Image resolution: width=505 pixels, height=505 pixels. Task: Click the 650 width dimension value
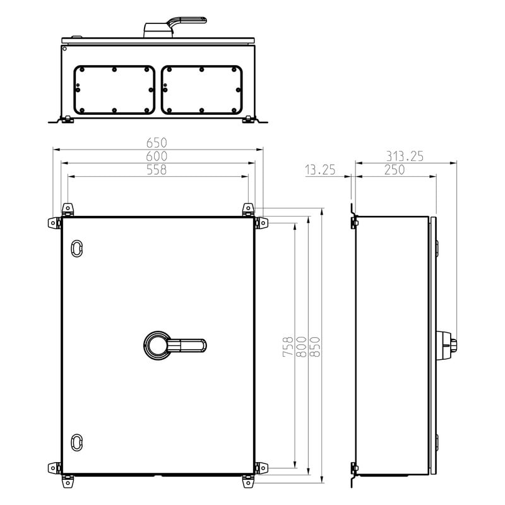157,143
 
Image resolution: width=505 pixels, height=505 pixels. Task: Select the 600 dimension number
157,156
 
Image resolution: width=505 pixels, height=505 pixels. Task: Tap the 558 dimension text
157,170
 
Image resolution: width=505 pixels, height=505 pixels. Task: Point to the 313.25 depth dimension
405,156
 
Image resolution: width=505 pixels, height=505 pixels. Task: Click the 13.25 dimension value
320,170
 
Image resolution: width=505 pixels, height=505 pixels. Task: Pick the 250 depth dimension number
395,170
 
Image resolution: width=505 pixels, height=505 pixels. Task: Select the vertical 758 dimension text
288,347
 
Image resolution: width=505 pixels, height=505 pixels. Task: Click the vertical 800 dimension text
301,347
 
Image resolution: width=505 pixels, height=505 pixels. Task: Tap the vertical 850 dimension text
314,347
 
